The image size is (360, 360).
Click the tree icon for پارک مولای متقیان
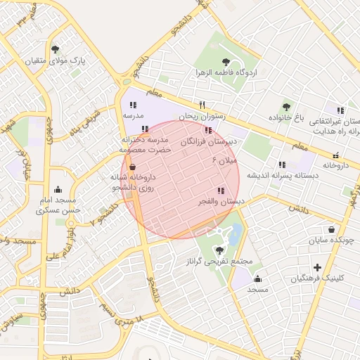[56, 49]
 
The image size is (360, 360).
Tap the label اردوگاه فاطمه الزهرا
[226, 72]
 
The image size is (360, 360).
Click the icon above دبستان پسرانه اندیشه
[282, 165]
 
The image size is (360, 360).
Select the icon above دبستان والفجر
[221, 191]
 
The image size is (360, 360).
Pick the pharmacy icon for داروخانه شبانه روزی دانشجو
[133, 167]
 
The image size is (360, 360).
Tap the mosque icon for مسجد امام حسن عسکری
[58, 189]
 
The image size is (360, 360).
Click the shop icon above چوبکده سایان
[331, 229]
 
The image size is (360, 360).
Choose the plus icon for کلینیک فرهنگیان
[318, 267]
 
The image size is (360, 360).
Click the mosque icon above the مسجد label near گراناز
[258, 278]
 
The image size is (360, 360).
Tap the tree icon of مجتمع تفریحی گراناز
[220, 250]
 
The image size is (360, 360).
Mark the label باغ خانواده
[289, 117]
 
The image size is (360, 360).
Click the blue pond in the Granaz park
[236, 233]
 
